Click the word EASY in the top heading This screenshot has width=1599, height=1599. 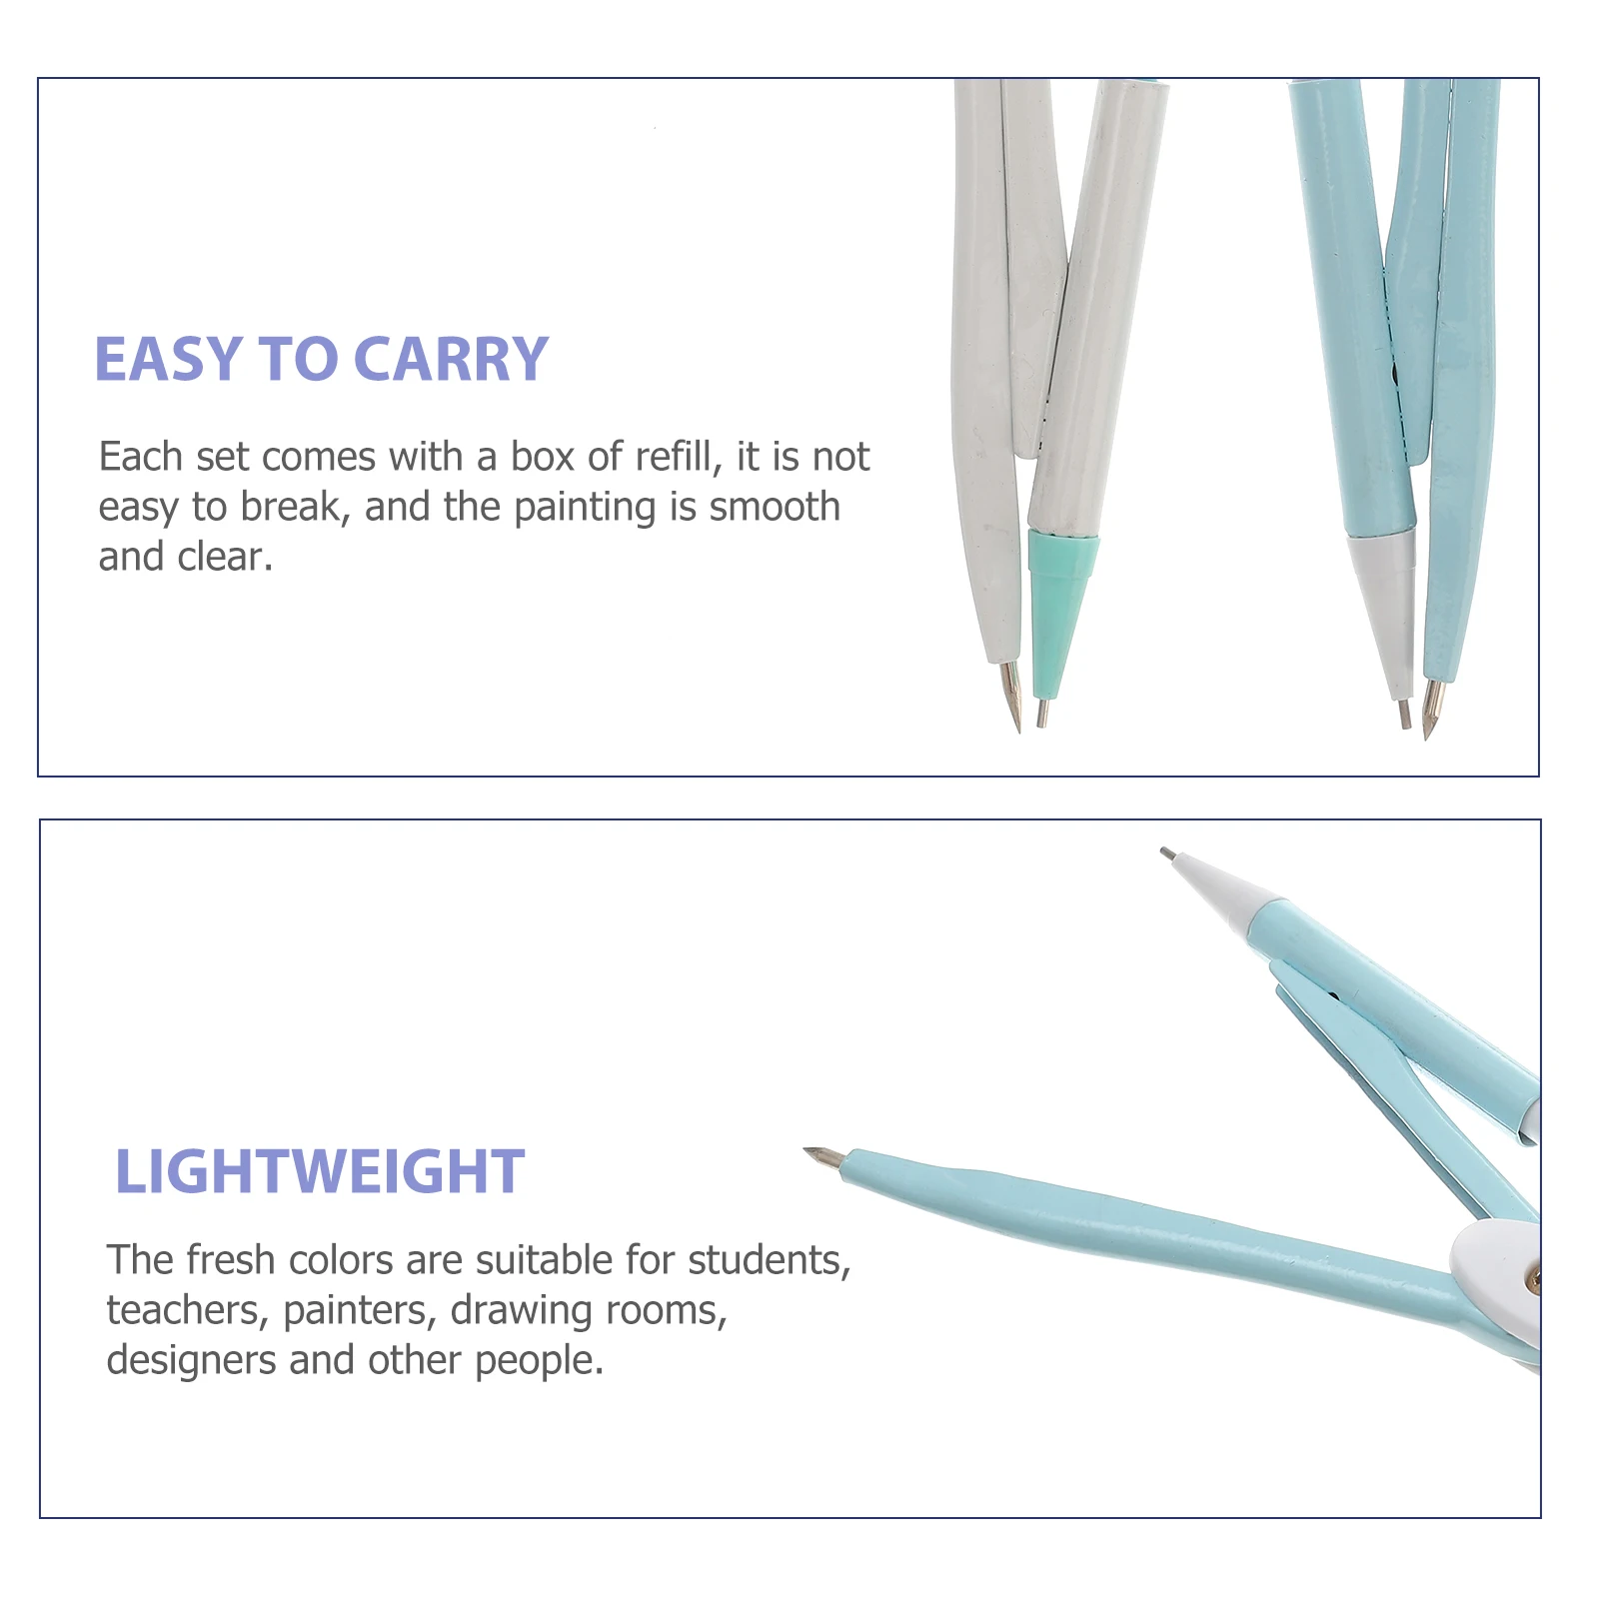point(169,359)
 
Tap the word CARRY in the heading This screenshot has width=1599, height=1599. point(451,359)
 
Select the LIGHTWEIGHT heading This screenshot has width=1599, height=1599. point(320,1171)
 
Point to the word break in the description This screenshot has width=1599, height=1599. point(295,507)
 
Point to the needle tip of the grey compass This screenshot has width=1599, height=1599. point(1018,730)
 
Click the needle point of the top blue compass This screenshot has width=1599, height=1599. point(1426,737)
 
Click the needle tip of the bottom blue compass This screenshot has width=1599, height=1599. point(806,1151)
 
